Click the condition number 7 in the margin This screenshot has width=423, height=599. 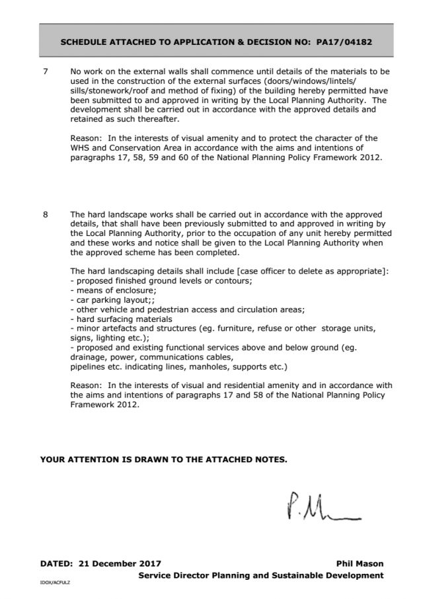pyautogui.click(x=44, y=71)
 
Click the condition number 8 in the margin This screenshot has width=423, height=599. pyautogui.click(x=44, y=215)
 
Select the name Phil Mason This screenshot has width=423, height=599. pyautogui.click(x=360, y=564)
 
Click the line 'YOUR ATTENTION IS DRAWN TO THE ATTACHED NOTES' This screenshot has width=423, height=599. pyautogui.click(x=164, y=459)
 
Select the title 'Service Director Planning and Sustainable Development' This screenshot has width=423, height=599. pyautogui.click(x=260, y=575)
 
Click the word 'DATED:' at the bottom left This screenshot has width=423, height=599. pyautogui.click(x=56, y=564)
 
